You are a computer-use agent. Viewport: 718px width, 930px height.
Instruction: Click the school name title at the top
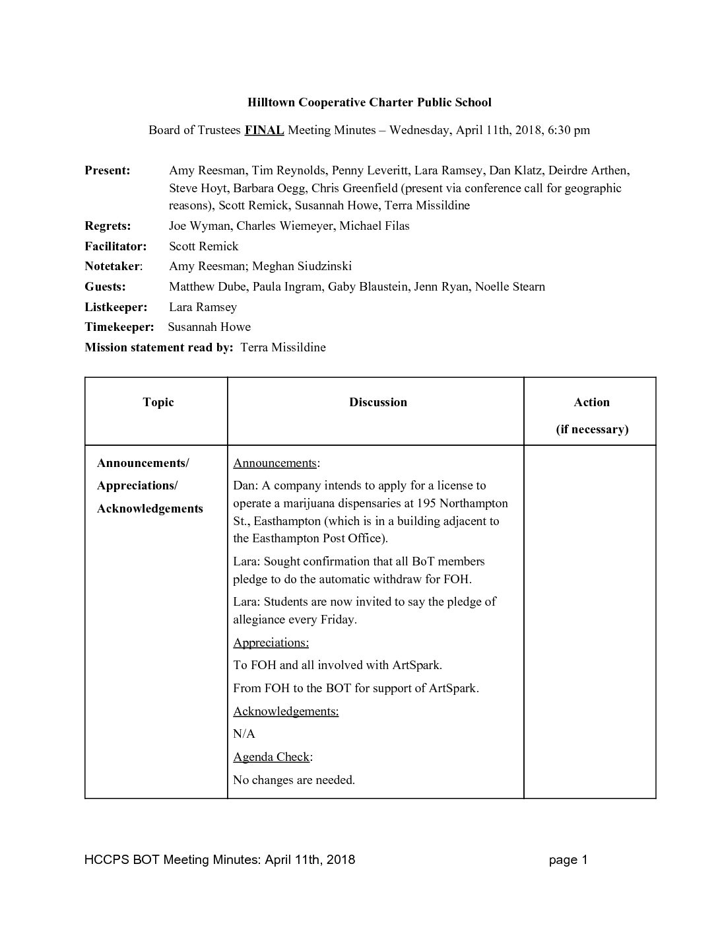coord(369,102)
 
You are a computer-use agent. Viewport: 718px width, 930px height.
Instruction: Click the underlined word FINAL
coord(264,130)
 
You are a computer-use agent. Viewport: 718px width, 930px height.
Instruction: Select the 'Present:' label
coord(108,170)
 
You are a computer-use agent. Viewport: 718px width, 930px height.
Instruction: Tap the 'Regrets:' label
coord(108,226)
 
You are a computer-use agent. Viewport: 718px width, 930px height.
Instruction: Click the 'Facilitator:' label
coord(115,246)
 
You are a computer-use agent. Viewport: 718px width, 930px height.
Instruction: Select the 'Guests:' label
coord(105,287)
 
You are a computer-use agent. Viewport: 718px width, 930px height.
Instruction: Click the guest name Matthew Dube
coord(202,287)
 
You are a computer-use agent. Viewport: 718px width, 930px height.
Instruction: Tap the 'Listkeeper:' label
coord(116,307)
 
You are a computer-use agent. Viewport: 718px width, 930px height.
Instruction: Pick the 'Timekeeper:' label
coord(119,327)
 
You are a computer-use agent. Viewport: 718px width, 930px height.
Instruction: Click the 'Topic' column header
coord(158,402)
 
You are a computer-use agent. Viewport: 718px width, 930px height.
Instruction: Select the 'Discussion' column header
coord(378,402)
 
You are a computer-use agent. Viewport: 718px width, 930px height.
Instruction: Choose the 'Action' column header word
coord(591,402)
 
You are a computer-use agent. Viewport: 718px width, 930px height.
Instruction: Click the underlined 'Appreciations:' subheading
coord(271,643)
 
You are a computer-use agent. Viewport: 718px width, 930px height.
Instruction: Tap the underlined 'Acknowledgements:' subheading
coord(286,711)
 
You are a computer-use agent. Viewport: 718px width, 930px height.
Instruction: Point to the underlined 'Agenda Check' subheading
coord(271,757)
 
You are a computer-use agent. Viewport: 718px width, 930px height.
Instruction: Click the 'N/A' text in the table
coord(244,734)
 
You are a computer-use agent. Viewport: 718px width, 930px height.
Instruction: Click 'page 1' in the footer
coord(568,859)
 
